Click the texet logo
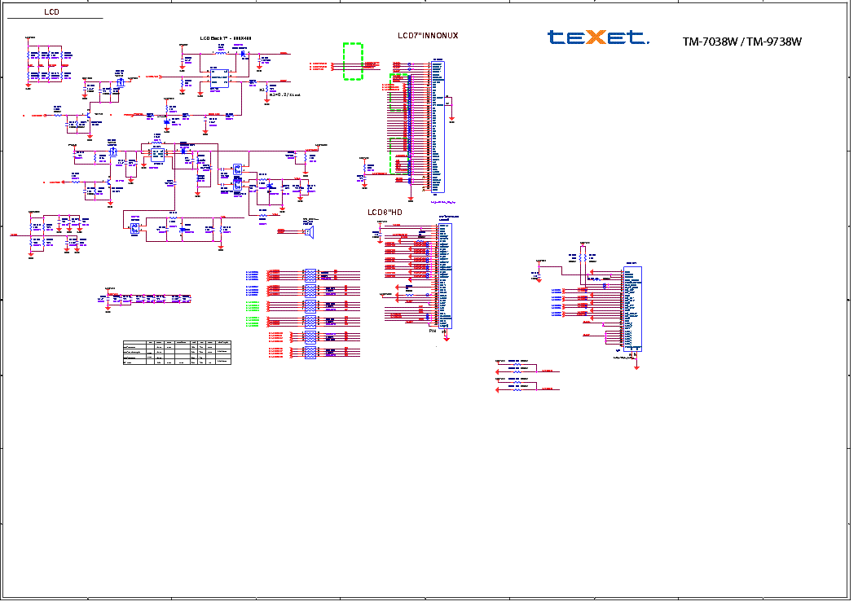click(597, 37)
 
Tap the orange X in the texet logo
click(597, 37)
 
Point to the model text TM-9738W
click(773, 42)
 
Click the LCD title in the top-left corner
click(51, 12)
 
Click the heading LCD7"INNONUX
click(427, 36)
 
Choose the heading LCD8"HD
click(385, 213)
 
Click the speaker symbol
click(310, 232)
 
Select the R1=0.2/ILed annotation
click(279, 94)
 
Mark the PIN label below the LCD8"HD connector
click(433, 332)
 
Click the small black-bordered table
click(178, 352)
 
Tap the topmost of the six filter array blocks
click(310, 274)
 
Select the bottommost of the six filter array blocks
click(310, 353)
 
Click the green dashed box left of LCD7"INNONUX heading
click(353, 62)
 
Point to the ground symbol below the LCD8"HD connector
click(445, 334)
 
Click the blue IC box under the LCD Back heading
click(218, 77)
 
